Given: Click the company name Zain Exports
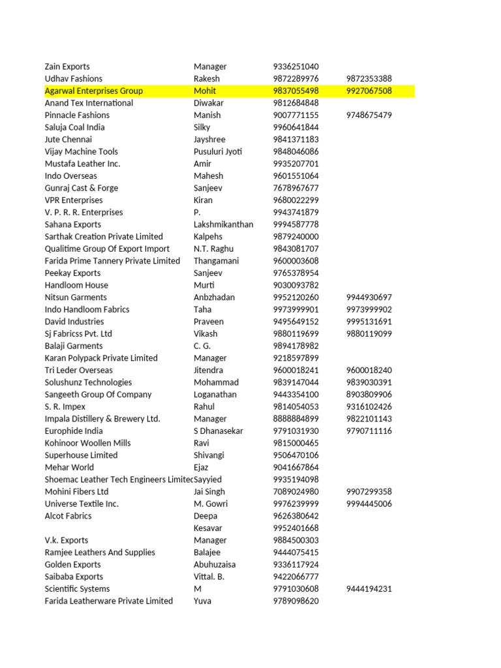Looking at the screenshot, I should coord(67,67).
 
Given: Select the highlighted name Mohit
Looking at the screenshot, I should coord(205,91).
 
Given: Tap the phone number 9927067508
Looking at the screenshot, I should coord(369,91).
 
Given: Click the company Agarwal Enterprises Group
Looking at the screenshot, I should coord(93,91).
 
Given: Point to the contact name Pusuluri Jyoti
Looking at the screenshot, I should coord(218,151).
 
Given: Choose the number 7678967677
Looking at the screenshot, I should coord(296,188).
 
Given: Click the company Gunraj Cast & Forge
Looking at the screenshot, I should coord(82,188).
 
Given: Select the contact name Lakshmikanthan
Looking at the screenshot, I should coord(224,224).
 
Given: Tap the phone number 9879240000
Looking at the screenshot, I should coord(296,237).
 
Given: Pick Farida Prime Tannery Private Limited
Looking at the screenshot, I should coord(112,261).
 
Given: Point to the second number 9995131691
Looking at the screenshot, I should coord(369,322).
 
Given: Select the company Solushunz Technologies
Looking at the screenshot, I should coord(88,382).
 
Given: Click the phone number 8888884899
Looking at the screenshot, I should coord(296,419).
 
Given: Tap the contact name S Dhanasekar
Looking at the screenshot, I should coord(219,431).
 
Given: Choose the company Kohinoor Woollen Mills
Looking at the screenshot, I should coord(87,443).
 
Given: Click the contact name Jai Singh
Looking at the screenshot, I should coord(209,492).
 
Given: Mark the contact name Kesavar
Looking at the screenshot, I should coord(208,528).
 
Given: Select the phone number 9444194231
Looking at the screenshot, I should coord(369,589).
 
